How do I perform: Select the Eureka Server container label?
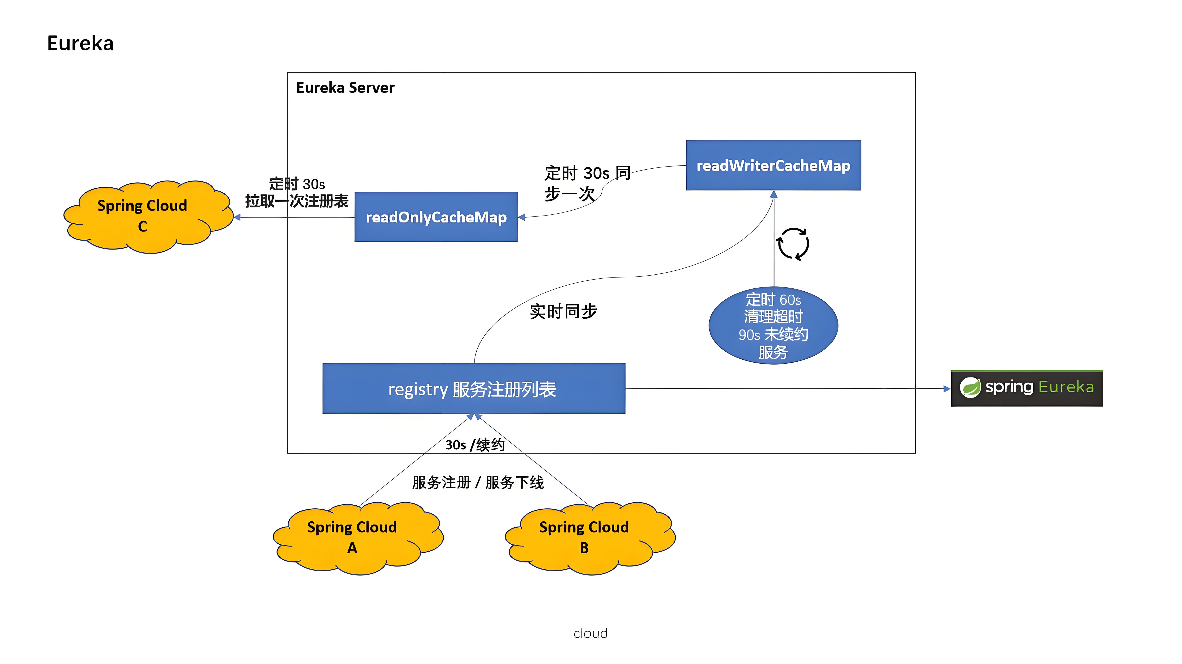click(345, 87)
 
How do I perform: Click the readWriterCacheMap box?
click(773, 165)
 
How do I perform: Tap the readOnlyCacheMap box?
click(436, 217)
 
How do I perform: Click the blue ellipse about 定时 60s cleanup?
click(773, 325)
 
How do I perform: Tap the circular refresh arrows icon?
click(793, 244)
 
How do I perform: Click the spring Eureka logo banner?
click(1027, 388)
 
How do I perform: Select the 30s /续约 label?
click(475, 444)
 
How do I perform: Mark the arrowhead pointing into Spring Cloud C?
click(237, 217)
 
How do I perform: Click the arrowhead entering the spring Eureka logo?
click(947, 388)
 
